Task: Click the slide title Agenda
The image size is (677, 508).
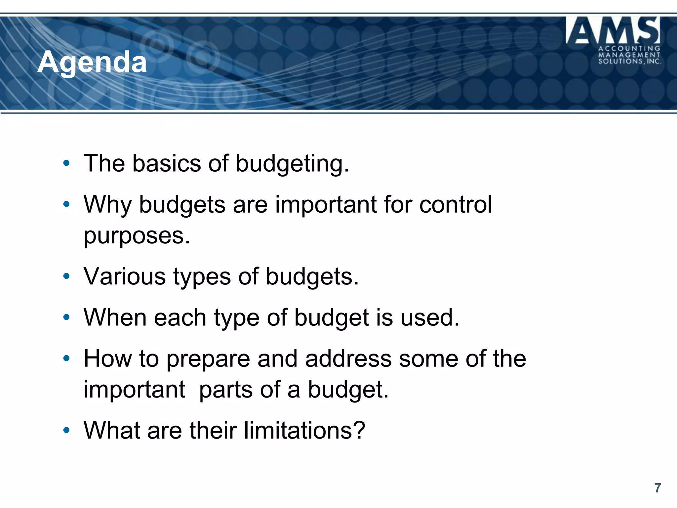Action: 92,62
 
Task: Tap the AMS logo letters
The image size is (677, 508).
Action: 613,30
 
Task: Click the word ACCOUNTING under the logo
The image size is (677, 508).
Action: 629,49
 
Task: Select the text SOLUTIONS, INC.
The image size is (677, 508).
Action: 629,61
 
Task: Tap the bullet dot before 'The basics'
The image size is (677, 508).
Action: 66,163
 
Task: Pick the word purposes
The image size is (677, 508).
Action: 137,236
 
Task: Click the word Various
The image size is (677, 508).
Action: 125,276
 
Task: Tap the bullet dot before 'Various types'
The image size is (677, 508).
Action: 66,276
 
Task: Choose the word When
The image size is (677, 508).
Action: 115,317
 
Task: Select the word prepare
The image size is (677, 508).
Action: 208,360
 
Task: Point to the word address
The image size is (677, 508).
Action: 348,359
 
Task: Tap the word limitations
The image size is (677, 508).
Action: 304,430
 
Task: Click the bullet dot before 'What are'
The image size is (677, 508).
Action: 66,430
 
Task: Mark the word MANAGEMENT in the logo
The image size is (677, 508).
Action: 629,55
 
